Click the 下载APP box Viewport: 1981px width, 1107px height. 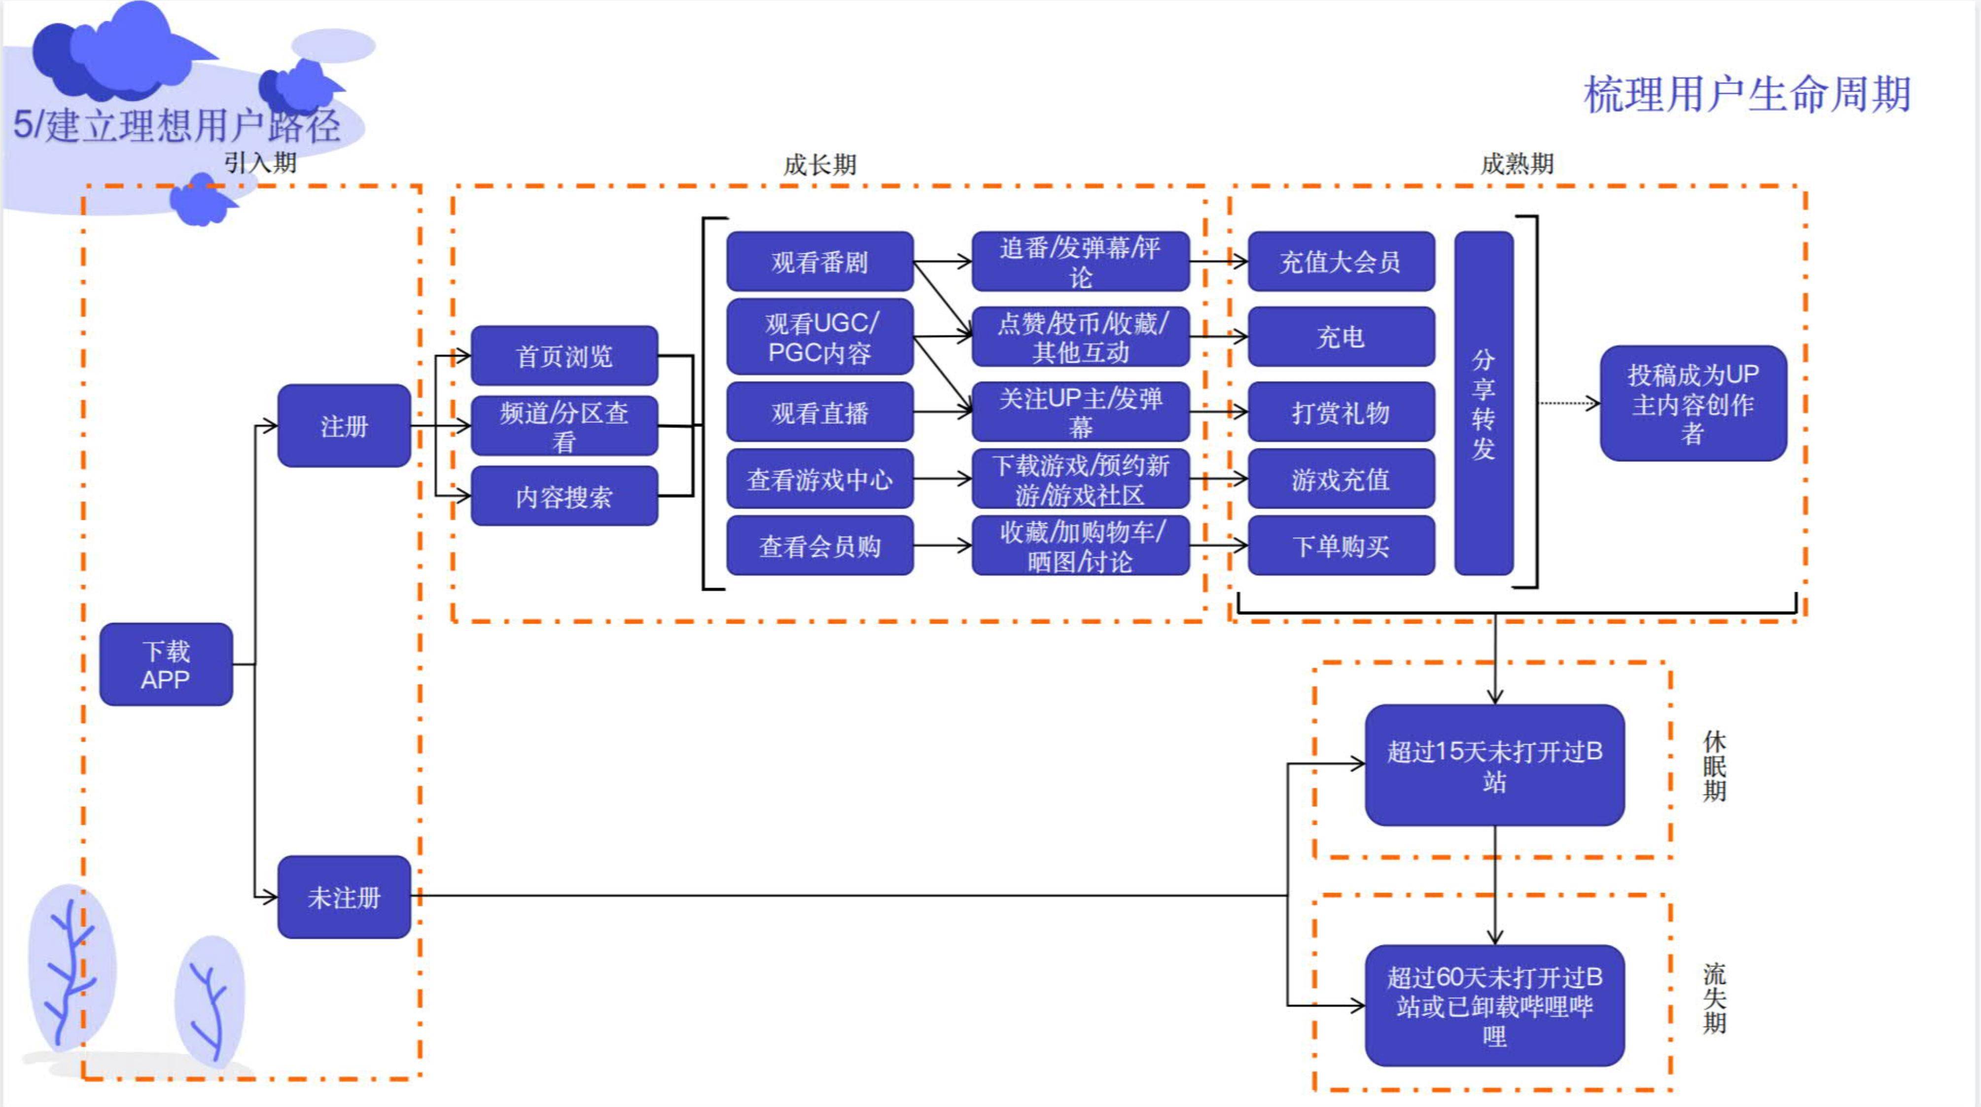166,664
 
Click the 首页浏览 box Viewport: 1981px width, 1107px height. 565,356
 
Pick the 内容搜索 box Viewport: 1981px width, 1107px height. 565,497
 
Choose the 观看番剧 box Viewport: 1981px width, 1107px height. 820,261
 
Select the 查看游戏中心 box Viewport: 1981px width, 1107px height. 820,479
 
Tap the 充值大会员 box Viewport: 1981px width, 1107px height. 1341,261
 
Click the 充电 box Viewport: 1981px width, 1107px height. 1341,337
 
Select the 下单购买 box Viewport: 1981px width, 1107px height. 1341,546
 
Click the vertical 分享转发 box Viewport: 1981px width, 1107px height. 1484,404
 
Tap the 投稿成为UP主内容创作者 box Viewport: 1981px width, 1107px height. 1694,404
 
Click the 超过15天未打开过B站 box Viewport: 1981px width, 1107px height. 1495,765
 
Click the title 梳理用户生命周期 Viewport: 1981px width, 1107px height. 1747,95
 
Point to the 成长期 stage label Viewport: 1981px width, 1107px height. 820,164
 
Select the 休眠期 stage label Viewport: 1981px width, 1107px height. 1715,766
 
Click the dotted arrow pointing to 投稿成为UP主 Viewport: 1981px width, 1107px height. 1569,403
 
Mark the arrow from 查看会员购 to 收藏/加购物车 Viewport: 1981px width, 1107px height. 943,546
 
